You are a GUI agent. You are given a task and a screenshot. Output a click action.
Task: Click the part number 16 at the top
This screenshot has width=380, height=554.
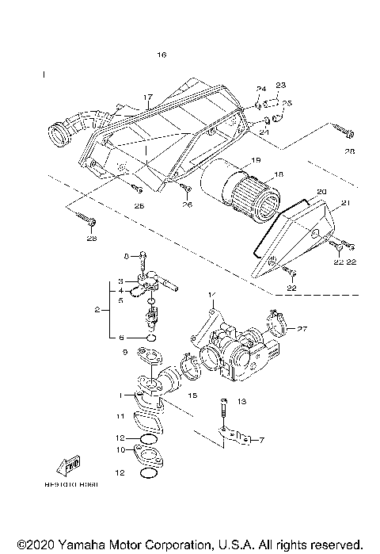pos(162,55)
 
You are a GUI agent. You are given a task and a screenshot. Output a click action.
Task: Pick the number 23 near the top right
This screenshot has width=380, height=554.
pos(280,85)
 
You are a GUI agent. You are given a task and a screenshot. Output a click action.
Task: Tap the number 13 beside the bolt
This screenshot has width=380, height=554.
pos(242,402)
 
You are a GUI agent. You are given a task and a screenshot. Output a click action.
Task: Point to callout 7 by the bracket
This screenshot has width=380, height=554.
pos(262,441)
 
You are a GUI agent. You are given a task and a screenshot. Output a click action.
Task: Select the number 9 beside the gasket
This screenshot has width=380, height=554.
pos(124,352)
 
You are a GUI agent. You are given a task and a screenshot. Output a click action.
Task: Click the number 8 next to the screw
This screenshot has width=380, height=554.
pos(124,256)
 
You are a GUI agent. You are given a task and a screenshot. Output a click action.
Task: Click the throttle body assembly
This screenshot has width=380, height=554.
pos(237,349)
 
